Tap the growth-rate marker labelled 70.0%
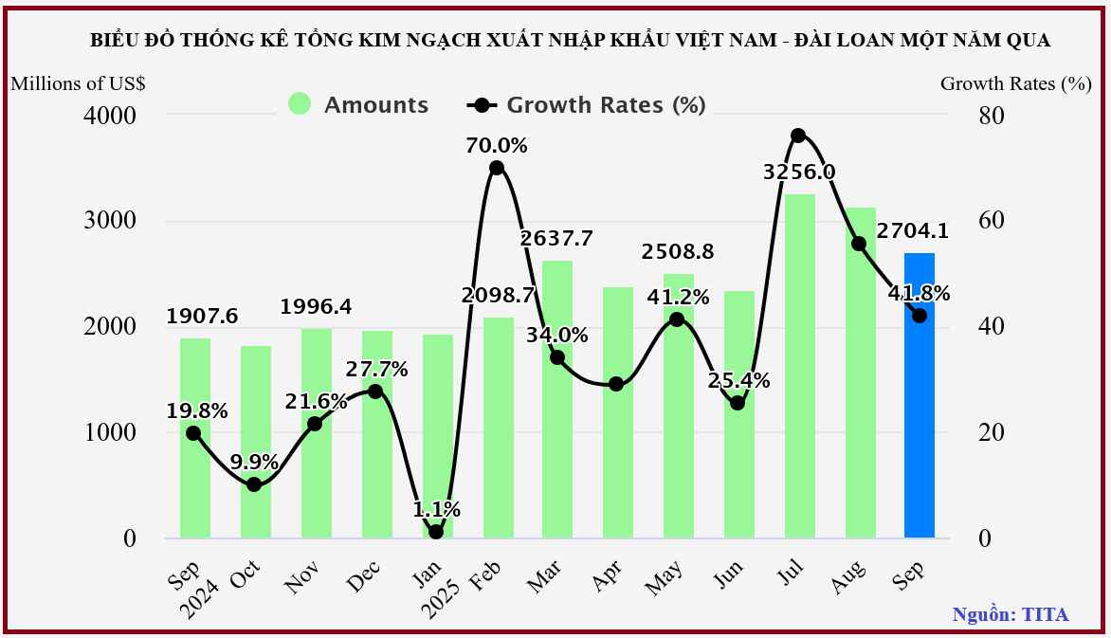point(496,168)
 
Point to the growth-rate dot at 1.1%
point(436,532)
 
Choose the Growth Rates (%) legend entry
point(588,104)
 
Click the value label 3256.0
point(799,172)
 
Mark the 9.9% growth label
point(253,462)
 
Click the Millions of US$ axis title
point(78,82)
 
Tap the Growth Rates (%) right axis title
point(1015,82)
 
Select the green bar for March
point(557,398)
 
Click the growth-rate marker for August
point(859,244)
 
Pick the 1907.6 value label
point(202,316)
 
